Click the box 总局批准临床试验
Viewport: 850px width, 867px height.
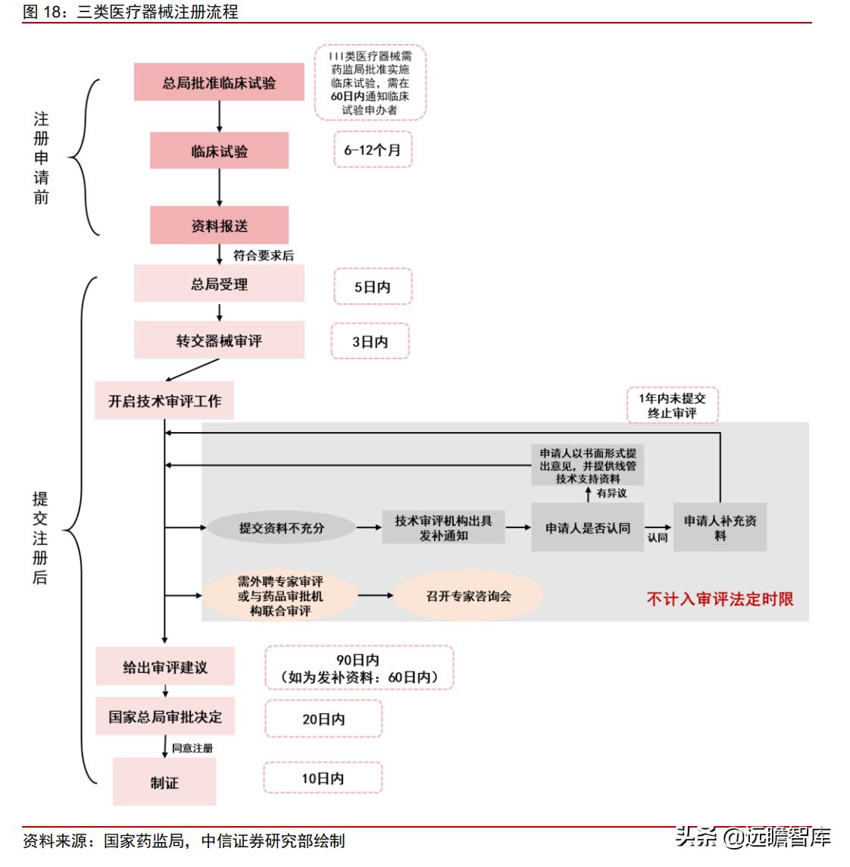[219, 83]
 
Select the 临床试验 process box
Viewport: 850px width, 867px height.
[219, 151]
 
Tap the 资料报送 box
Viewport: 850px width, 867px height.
[219, 226]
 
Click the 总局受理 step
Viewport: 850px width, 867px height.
[219, 284]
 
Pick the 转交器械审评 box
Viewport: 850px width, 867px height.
[219, 340]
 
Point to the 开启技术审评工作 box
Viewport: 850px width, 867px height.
[164, 400]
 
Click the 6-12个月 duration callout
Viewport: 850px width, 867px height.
[372, 149]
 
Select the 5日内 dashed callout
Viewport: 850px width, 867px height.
[372, 287]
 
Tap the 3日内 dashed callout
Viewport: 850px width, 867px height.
[370, 342]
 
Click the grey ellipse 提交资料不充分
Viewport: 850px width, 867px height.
[281, 527]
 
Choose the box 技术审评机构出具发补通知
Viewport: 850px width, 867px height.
[443, 527]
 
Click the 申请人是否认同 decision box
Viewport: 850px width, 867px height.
[587, 527]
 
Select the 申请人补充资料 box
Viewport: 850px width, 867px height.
[720, 527]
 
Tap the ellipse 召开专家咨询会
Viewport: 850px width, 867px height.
[469, 596]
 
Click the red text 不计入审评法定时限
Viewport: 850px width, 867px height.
[720, 599]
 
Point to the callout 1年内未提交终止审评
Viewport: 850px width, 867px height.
[672, 405]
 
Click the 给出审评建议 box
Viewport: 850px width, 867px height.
[165, 667]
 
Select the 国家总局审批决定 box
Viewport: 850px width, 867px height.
[165, 716]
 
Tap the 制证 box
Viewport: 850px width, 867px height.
[164, 782]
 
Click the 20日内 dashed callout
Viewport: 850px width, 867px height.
[323, 718]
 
